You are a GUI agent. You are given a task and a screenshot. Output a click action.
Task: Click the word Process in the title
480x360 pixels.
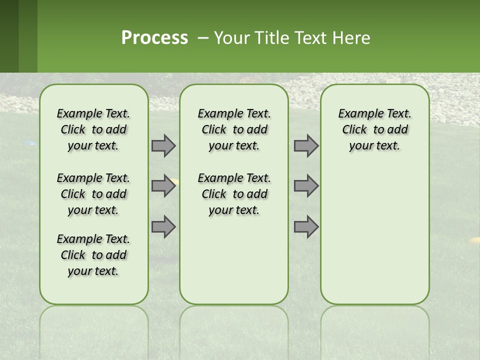[154, 38]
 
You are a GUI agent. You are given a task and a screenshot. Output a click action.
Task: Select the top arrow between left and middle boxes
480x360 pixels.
[163, 145]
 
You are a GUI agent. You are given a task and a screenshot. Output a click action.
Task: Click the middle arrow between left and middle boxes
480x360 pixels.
[163, 186]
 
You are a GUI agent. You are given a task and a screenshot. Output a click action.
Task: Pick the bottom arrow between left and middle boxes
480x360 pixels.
[163, 227]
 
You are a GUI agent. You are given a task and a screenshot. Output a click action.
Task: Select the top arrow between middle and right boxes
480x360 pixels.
[306, 145]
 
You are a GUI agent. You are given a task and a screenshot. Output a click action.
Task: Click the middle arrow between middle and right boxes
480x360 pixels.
[306, 186]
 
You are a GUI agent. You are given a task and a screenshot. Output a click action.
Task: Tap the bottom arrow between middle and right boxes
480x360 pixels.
[306, 227]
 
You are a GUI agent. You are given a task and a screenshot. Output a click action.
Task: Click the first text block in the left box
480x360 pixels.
[93, 129]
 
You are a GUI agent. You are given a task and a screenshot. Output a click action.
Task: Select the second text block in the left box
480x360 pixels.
[93, 194]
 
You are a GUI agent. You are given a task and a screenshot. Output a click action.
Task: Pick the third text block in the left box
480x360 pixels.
[93, 255]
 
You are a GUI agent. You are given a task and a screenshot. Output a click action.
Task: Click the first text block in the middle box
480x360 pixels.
[234, 129]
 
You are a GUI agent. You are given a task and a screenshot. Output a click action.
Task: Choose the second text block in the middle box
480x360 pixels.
[234, 194]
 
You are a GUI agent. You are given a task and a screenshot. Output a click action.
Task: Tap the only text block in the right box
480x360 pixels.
[374, 129]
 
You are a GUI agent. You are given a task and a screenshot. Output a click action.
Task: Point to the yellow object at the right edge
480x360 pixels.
[473, 240]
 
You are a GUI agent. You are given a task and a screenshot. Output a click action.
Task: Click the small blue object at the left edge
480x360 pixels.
[31, 143]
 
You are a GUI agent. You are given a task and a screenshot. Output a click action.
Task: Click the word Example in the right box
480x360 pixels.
[357, 114]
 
